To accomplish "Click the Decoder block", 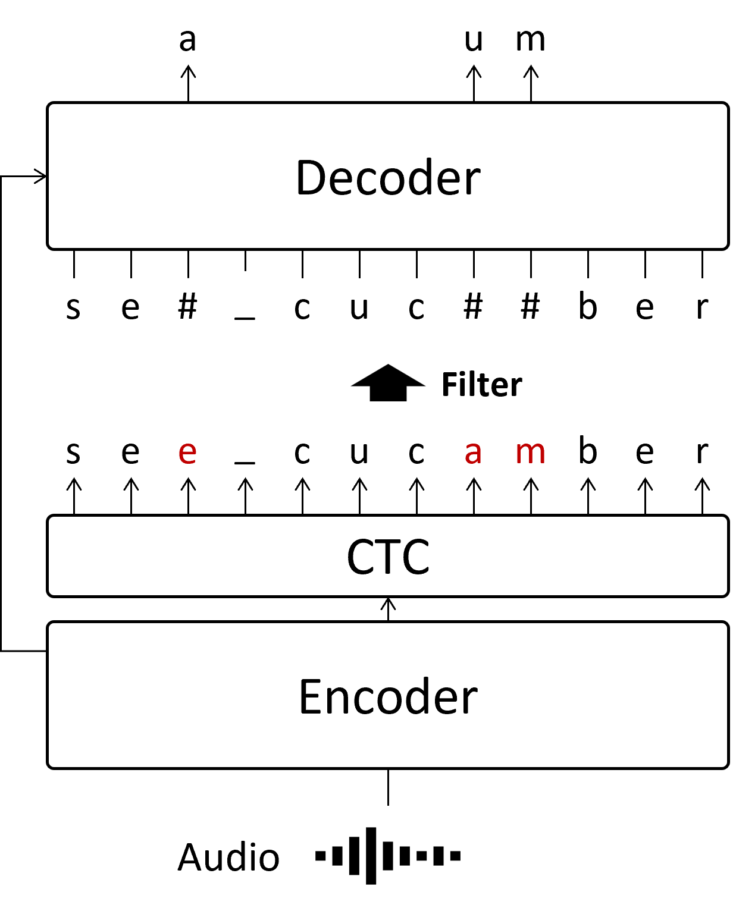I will pos(388,176).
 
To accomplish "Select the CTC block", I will pos(388,556).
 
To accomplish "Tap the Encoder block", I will pos(388,695).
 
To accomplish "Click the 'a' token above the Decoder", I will pos(187,37).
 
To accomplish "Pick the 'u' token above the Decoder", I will pos(474,37).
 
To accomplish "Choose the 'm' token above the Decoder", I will pos(531,37).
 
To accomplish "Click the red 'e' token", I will pos(187,450).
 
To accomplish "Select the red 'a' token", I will pos(474,450).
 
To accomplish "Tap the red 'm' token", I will pos(531,450).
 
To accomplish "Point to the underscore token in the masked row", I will pos(245,299).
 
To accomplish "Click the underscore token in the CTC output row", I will pos(245,444).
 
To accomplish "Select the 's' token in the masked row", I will pos(73,306).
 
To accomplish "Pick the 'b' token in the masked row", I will pos(588,306).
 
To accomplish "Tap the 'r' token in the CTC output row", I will pos(702,450).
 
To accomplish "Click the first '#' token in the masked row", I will pos(187,306).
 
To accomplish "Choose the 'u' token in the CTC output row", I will pos(359,450).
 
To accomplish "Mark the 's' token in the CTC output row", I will pos(73,450).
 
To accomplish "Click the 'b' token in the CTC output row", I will pos(588,450).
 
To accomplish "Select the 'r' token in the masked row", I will pos(702,306).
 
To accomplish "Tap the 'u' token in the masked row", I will pos(359,306).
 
